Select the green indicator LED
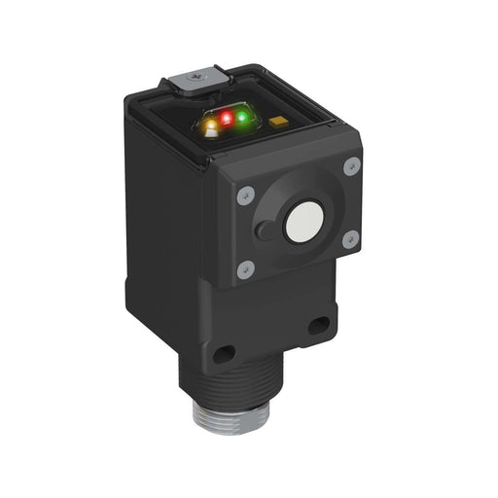[242, 117]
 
